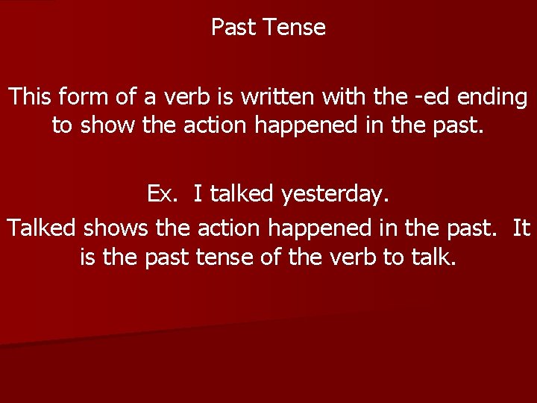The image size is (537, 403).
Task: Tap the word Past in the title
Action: [x=233, y=28]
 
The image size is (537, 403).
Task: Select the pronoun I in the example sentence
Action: [x=198, y=195]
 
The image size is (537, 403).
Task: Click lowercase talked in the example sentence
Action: [x=242, y=195]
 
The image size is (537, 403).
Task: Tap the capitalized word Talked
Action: [x=43, y=228]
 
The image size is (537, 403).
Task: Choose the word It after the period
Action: [x=522, y=228]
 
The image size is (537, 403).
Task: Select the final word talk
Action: [x=433, y=257]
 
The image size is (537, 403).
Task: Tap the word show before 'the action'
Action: [x=106, y=125]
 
